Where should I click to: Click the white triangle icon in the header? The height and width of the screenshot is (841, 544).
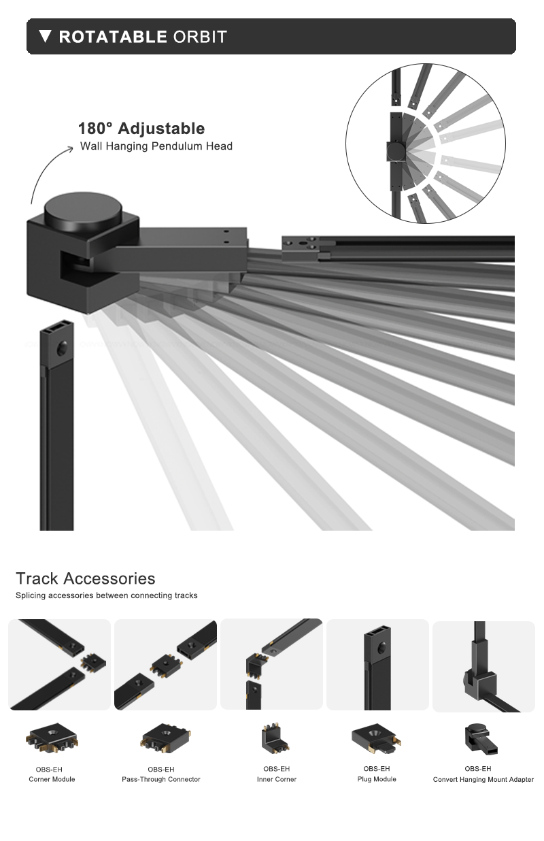pos(46,36)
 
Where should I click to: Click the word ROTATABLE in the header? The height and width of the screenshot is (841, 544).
pos(113,37)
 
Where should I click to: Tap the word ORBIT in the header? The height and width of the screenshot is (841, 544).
pos(200,37)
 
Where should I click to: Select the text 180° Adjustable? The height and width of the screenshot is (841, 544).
pos(141,129)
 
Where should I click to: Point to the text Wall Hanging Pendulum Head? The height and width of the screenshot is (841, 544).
pos(156,146)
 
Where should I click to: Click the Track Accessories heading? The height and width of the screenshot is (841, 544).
pos(86,578)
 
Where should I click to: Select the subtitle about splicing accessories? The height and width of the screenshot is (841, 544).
pos(107,595)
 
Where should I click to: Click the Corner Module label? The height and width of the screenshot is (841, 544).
pos(52,779)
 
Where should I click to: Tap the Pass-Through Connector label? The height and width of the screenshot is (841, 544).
pos(161,779)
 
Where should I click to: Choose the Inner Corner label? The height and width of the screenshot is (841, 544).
pos(276,779)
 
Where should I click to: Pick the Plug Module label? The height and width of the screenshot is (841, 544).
pos(376,779)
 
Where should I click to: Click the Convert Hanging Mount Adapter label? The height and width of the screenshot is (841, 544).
pos(483,779)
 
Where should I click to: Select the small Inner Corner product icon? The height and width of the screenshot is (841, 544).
pos(275,738)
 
